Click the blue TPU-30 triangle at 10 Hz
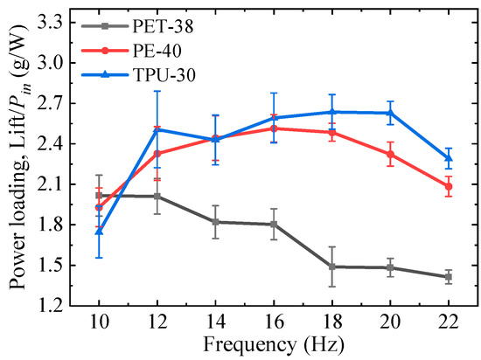(x=98, y=232)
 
